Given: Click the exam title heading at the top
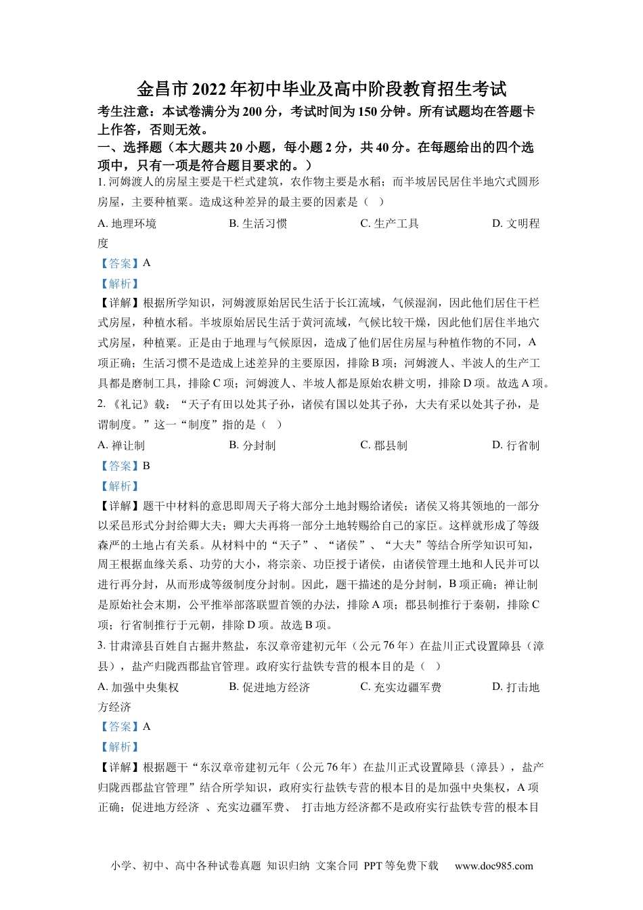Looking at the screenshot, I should tap(321, 89).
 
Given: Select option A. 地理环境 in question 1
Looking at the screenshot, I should tap(127, 223).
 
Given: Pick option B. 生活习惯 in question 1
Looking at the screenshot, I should tap(258, 223).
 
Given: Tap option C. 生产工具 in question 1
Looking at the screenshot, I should tap(389, 223).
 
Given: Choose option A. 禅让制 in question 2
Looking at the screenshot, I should tap(121, 445).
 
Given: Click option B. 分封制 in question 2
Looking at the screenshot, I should tap(252, 445).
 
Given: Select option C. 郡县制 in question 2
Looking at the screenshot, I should tap(384, 445).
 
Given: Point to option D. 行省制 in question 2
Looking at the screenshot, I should tap(516, 445).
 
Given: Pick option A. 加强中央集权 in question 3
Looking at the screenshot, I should tap(138, 687).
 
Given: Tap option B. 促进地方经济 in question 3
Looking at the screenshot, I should tap(269, 687).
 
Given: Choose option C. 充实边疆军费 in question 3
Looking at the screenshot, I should tap(401, 687).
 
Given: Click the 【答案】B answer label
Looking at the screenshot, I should tap(124, 466).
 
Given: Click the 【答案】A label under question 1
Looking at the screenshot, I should tap(124, 263).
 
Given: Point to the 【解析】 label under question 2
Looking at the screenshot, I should tap(119, 486).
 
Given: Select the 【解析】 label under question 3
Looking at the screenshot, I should tap(119, 747).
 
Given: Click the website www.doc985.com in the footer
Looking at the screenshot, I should tap(493, 865).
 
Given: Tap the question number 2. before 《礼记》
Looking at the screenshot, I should tap(102, 404).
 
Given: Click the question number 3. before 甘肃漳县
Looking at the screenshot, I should tap(102, 646).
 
